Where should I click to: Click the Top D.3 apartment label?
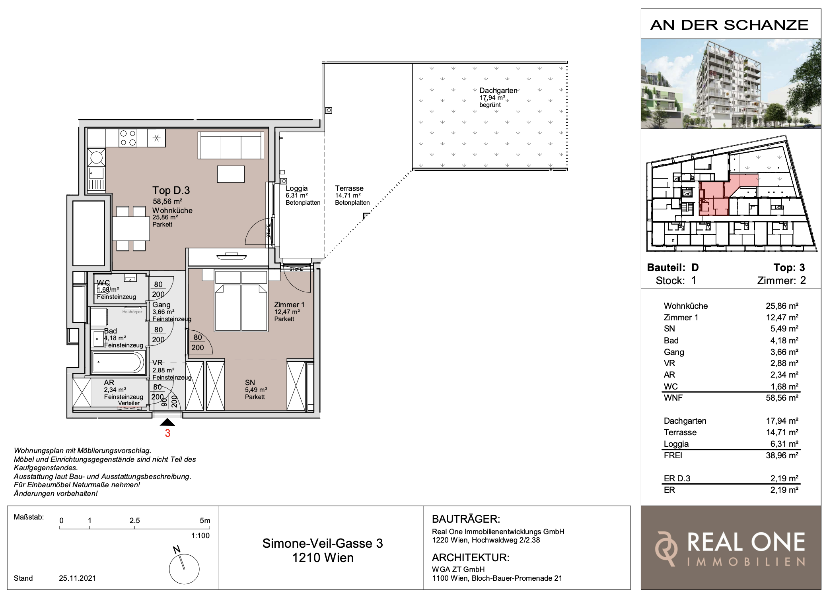pyautogui.click(x=171, y=190)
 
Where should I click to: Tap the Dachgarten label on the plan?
pyautogui.click(x=498, y=91)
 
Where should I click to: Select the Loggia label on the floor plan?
pyautogui.click(x=297, y=188)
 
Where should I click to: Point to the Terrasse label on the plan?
pyautogui.click(x=349, y=188)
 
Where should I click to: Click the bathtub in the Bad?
pyautogui.click(x=118, y=362)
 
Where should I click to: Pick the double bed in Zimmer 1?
pyautogui.click(x=241, y=300)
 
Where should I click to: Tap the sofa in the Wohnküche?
pyautogui.click(x=231, y=145)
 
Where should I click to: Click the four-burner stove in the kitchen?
pyautogui.click(x=128, y=138)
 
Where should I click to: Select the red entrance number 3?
pyautogui.click(x=167, y=433)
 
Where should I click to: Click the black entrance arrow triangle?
pyautogui.click(x=167, y=422)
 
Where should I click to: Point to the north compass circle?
pyautogui.click(x=184, y=569)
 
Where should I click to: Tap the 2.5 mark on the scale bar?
pyautogui.click(x=134, y=521)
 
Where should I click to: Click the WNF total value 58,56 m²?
pyautogui.click(x=782, y=398)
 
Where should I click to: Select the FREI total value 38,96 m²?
pyautogui.click(x=782, y=456)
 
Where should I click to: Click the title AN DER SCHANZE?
pyautogui.click(x=730, y=25)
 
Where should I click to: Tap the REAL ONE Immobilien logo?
pyautogui.click(x=731, y=548)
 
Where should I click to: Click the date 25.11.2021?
pyautogui.click(x=78, y=578)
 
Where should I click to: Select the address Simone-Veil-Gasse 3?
pyautogui.click(x=323, y=543)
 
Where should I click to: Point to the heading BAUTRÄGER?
pyautogui.click(x=466, y=519)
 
